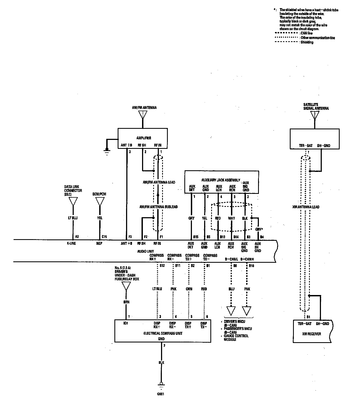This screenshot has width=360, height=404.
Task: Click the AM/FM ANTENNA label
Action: (144, 108)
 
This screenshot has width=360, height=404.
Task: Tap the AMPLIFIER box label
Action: (144, 138)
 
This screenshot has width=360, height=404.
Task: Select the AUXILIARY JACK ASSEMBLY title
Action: (221, 180)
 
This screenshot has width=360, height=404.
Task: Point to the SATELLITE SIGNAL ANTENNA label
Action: (316, 107)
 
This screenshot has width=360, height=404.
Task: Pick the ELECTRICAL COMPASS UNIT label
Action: (163, 334)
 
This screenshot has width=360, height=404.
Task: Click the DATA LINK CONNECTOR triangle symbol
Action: (73, 201)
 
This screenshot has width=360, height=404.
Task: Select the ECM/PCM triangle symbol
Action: (100, 201)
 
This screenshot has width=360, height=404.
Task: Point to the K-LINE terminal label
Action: (72, 243)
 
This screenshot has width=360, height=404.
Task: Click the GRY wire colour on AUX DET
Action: (191, 218)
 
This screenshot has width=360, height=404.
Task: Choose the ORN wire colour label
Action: (189, 289)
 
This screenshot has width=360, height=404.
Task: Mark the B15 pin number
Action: (195, 237)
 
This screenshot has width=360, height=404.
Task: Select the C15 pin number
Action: (104, 237)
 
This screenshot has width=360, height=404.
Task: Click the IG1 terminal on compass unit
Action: (126, 323)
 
